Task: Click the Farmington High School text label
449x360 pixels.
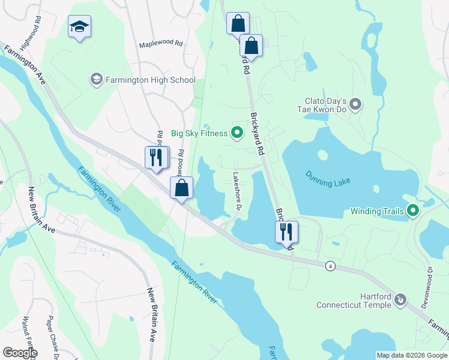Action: pyautogui.click(x=151, y=80)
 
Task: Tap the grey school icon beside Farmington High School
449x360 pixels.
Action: pyautogui.click(x=96, y=79)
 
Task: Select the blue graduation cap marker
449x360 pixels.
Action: pyautogui.click(x=79, y=27)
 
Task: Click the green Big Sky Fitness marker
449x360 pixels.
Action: pyautogui.click(x=237, y=133)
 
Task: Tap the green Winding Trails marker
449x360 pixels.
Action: pyautogui.click(x=412, y=211)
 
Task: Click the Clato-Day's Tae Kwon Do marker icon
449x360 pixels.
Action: pyautogui.click(x=356, y=105)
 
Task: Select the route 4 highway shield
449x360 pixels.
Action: pyautogui.click(x=330, y=266)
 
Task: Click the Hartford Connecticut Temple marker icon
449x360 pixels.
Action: pyautogui.click(x=401, y=299)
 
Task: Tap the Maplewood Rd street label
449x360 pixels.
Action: pyautogui.click(x=160, y=44)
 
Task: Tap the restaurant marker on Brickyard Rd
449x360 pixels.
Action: pyautogui.click(x=286, y=232)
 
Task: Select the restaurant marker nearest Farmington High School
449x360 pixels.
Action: pyautogui.click(x=156, y=158)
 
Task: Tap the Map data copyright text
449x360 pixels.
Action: pyautogui.click(x=411, y=355)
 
